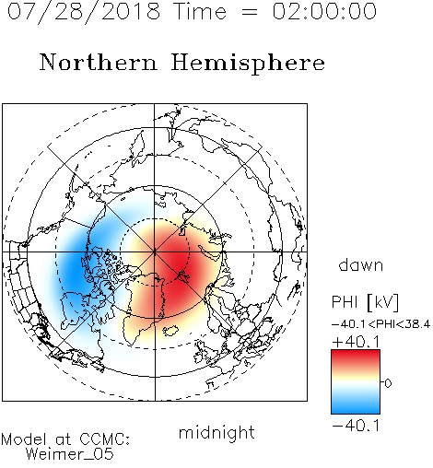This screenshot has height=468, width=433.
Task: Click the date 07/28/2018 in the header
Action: point(84,12)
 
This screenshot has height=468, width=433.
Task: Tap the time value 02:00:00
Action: point(324,11)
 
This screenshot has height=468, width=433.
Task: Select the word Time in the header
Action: point(200,11)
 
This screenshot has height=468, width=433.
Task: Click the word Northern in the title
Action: point(99,62)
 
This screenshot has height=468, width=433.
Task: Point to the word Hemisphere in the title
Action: point(248,64)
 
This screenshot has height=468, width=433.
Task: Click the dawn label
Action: point(361,265)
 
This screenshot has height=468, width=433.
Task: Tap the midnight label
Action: point(216,432)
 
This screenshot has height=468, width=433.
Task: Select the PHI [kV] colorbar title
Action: point(365,302)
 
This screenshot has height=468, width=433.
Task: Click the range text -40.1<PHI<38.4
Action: point(381,324)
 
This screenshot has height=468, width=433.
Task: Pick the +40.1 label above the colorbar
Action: point(356,342)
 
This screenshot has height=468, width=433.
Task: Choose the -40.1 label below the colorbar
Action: point(356,426)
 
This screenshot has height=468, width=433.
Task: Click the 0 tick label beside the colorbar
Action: point(388,383)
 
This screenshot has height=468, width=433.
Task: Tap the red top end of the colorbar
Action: point(356,353)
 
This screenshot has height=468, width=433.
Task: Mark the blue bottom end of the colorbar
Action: point(356,411)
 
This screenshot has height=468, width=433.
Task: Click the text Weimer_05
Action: point(70,454)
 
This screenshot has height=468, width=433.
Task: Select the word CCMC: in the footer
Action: point(105,439)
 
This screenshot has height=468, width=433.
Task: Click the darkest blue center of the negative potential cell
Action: point(75,270)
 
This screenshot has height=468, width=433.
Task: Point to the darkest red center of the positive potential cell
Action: point(177,261)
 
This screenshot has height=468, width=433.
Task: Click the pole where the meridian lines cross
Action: point(155,252)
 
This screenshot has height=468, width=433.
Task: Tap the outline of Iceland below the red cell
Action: point(170,331)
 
